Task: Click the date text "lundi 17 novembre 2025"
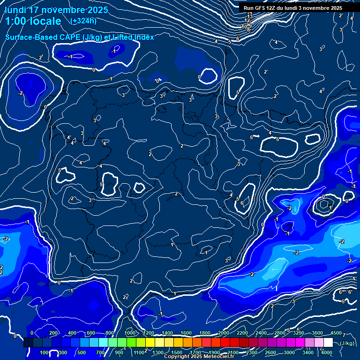(56, 10)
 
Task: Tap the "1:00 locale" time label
(33, 21)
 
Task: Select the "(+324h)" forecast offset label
(83, 21)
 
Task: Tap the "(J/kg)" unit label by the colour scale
(347, 343)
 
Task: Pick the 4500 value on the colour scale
(336, 333)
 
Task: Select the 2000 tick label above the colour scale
(224, 333)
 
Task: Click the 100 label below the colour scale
(45, 352)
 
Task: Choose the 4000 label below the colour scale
(327, 352)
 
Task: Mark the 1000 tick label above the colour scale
(130, 333)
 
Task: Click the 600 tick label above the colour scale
(91, 333)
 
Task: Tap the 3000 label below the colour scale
(289, 352)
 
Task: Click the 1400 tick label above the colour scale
(167, 333)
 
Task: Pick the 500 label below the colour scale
(82, 352)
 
